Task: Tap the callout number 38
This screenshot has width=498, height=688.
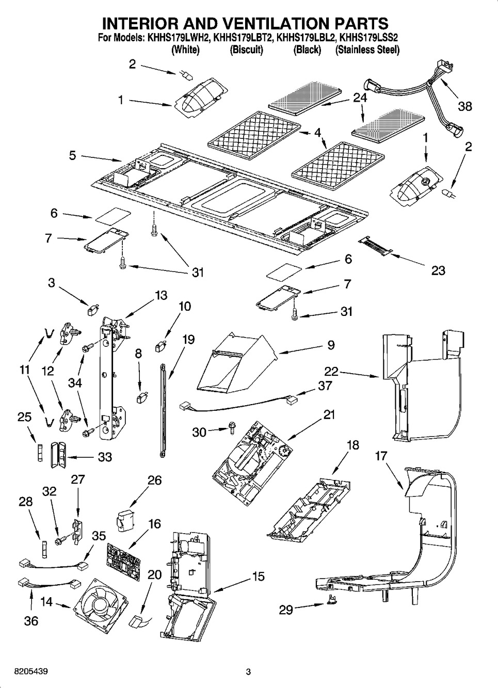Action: (x=465, y=106)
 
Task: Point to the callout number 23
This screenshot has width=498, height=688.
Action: (x=438, y=270)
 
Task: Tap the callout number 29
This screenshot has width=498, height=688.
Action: (x=286, y=610)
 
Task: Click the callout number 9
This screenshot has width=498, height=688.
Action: (x=331, y=345)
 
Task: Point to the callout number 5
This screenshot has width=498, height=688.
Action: (x=72, y=154)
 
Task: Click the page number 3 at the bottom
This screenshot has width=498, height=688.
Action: (x=248, y=672)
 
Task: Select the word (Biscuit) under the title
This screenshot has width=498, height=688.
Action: (x=246, y=50)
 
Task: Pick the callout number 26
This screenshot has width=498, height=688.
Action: (x=154, y=481)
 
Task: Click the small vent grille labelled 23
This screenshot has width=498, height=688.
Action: (x=376, y=245)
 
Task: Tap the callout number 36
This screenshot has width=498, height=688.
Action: (x=31, y=620)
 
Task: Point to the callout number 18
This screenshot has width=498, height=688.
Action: (x=352, y=445)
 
